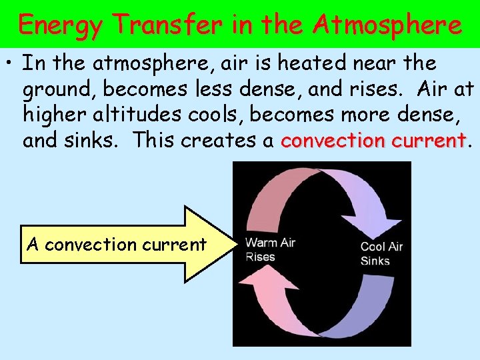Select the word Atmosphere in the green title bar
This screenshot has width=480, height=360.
coord(388,25)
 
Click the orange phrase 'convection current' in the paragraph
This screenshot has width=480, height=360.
coord(373,141)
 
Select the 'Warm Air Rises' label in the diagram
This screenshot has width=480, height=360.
coord(269,249)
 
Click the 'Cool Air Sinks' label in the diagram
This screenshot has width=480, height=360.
coord(381,253)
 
